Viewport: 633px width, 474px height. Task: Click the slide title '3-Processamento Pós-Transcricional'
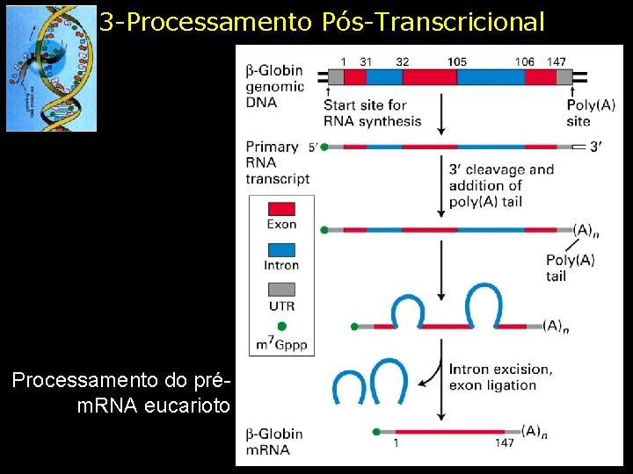coord(322,22)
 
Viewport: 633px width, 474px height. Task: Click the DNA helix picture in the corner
coord(51,68)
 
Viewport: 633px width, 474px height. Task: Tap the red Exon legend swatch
coord(281,208)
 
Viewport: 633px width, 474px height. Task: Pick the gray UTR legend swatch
coord(281,289)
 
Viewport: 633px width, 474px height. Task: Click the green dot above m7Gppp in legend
coord(281,326)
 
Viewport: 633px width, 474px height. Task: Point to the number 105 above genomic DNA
coord(456,61)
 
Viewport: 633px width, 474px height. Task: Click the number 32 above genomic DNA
coord(402,61)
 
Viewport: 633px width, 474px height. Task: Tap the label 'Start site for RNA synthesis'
coord(372,114)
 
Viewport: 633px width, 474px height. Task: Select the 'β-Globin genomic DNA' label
coord(274,86)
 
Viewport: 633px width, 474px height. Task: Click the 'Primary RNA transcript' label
coord(277,162)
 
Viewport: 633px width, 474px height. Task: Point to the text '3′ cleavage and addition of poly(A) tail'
coord(501,185)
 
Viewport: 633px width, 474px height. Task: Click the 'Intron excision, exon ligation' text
coord(500,377)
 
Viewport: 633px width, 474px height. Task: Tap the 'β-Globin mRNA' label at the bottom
coord(274,442)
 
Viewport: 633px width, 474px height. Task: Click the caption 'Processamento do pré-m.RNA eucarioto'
coord(120,393)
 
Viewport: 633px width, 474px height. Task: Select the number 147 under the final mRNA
coord(504,443)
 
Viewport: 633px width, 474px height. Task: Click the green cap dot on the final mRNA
coord(377,432)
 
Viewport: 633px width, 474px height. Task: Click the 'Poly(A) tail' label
coord(570,268)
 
